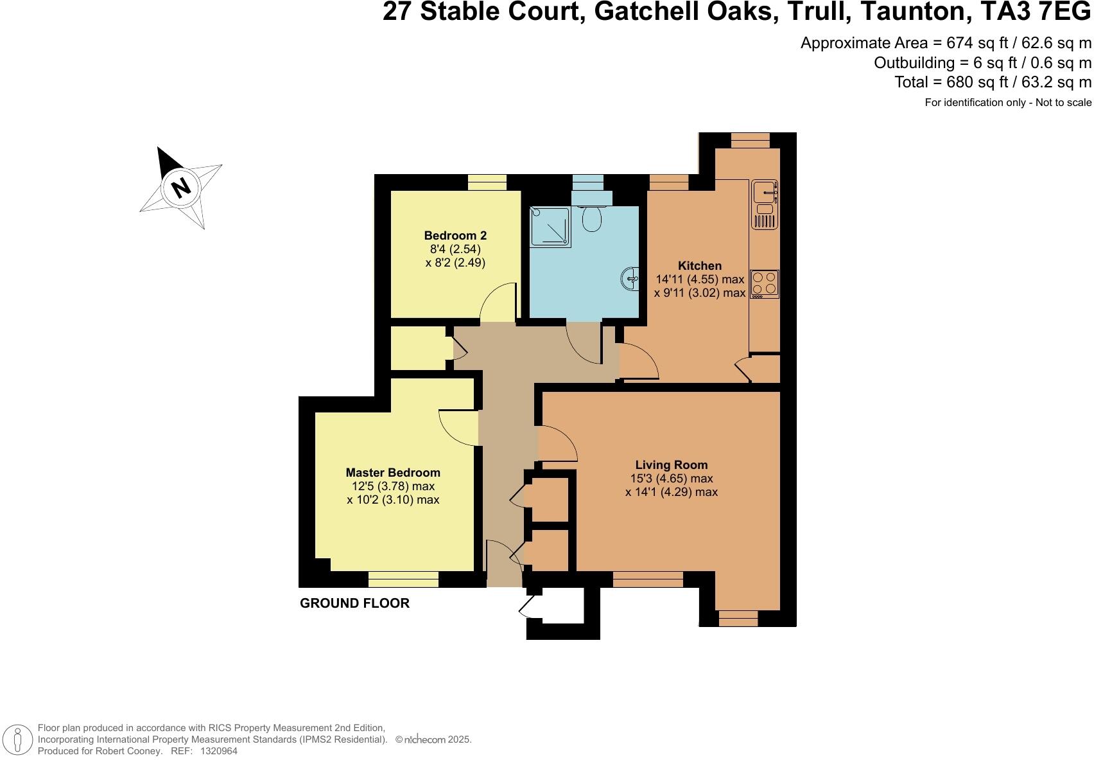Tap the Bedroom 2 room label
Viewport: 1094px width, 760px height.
pyautogui.click(x=455, y=236)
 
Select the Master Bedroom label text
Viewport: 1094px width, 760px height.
pyautogui.click(x=393, y=473)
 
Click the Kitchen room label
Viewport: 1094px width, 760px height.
pyautogui.click(x=700, y=265)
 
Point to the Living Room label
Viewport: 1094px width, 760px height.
pyautogui.click(x=672, y=464)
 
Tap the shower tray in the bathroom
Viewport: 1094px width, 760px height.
pyautogui.click(x=550, y=226)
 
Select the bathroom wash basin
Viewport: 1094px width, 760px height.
pyautogui.click(x=630, y=278)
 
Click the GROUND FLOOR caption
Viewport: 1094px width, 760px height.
pyautogui.click(x=354, y=603)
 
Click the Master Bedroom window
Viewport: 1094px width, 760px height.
pyautogui.click(x=403, y=579)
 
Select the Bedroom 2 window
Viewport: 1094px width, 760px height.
pyautogui.click(x=487, y=182)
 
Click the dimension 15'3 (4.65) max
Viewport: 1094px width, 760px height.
pyautogui.click(x=672, y=479)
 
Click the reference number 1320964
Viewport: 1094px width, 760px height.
pyautogui.click(x=219, y=750)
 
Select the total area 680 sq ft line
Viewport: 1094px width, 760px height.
pyautogui.click(x=993, y=82)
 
